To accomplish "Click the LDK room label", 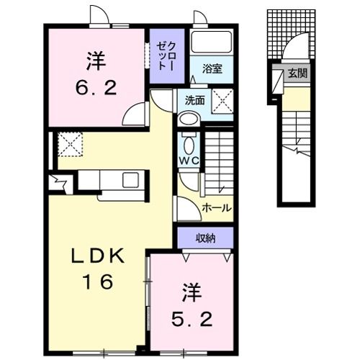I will coord(99,256).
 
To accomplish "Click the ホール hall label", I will coord(215,207).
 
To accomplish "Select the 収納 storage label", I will coord(205,237).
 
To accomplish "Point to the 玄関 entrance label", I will coord(297,73).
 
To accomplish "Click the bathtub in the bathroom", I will coord(211,43).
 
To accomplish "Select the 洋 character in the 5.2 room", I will coord(191,293).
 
